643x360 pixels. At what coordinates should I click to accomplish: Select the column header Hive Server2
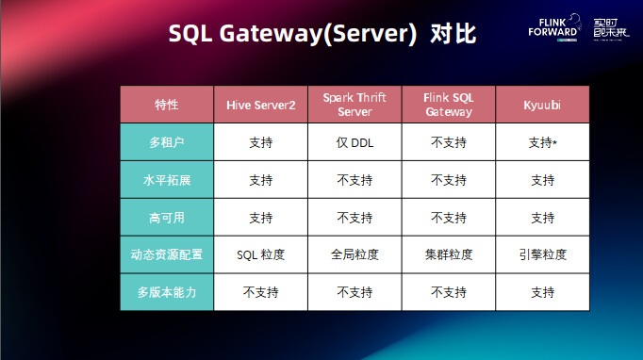pos(261,105)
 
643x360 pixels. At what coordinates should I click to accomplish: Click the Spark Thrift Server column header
pos(354,105)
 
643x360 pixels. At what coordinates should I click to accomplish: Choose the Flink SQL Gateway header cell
pos(448,105)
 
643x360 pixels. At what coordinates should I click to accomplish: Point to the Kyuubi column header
pos(542,105)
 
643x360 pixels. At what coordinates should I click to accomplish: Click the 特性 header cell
pos(167,105)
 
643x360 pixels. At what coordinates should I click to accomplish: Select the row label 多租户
pos(167,142)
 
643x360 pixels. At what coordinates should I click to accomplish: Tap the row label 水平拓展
pos(167,180)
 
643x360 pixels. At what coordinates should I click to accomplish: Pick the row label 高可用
pos(167,218)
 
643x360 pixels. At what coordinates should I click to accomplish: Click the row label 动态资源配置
pos(167,254)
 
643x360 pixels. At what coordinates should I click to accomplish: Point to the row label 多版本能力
pos(167,292)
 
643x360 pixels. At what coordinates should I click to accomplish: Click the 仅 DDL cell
pos(354,142)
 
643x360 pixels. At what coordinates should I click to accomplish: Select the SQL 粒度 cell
pos(261,254)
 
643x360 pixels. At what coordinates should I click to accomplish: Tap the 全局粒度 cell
pos(354,254)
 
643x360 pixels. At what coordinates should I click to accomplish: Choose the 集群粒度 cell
pos(448,254)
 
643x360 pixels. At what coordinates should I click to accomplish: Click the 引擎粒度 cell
pos(542,254)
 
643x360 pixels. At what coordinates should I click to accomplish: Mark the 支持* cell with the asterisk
pos(542,142)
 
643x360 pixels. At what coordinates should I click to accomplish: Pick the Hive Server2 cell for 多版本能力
pos(261,292)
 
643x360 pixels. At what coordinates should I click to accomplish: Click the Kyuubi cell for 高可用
pos(542,218)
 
